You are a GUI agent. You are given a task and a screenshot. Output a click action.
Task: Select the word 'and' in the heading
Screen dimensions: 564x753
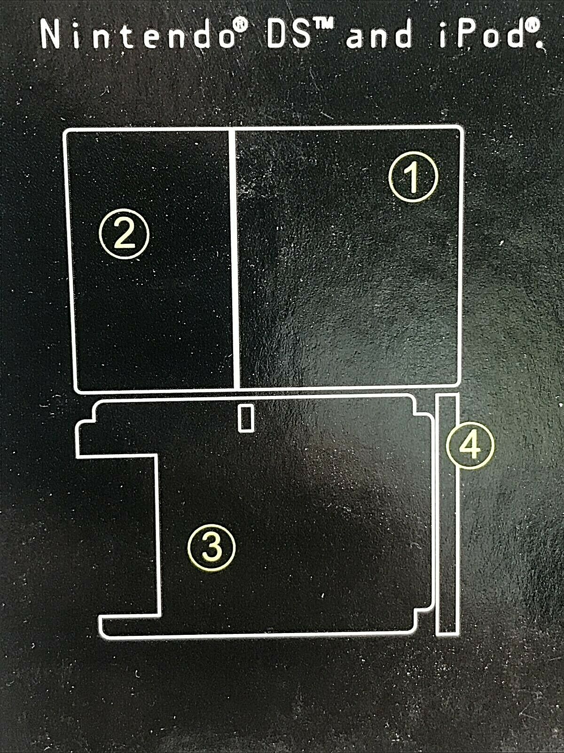378,34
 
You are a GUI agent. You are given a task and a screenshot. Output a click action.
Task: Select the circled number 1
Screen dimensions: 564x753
413,177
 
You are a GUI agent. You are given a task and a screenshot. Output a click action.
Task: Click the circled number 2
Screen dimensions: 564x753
124,233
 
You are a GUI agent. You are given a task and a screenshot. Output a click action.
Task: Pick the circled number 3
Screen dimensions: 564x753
211,547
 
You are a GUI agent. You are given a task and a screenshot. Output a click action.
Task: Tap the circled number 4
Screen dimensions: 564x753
470,445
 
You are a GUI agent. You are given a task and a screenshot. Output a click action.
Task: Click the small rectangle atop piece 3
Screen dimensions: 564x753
246,417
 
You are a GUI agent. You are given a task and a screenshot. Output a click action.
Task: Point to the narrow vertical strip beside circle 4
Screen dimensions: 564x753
447,514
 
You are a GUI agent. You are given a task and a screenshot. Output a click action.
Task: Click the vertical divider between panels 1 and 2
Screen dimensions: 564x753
234,259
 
